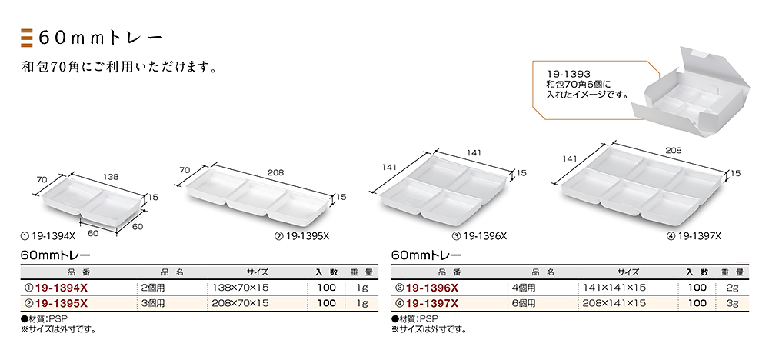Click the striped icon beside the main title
[26, 38]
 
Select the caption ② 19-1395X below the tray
[301, 236]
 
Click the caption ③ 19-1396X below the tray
[479, 236]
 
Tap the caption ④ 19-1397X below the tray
[694, 236]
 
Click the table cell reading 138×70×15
[240, 288]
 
